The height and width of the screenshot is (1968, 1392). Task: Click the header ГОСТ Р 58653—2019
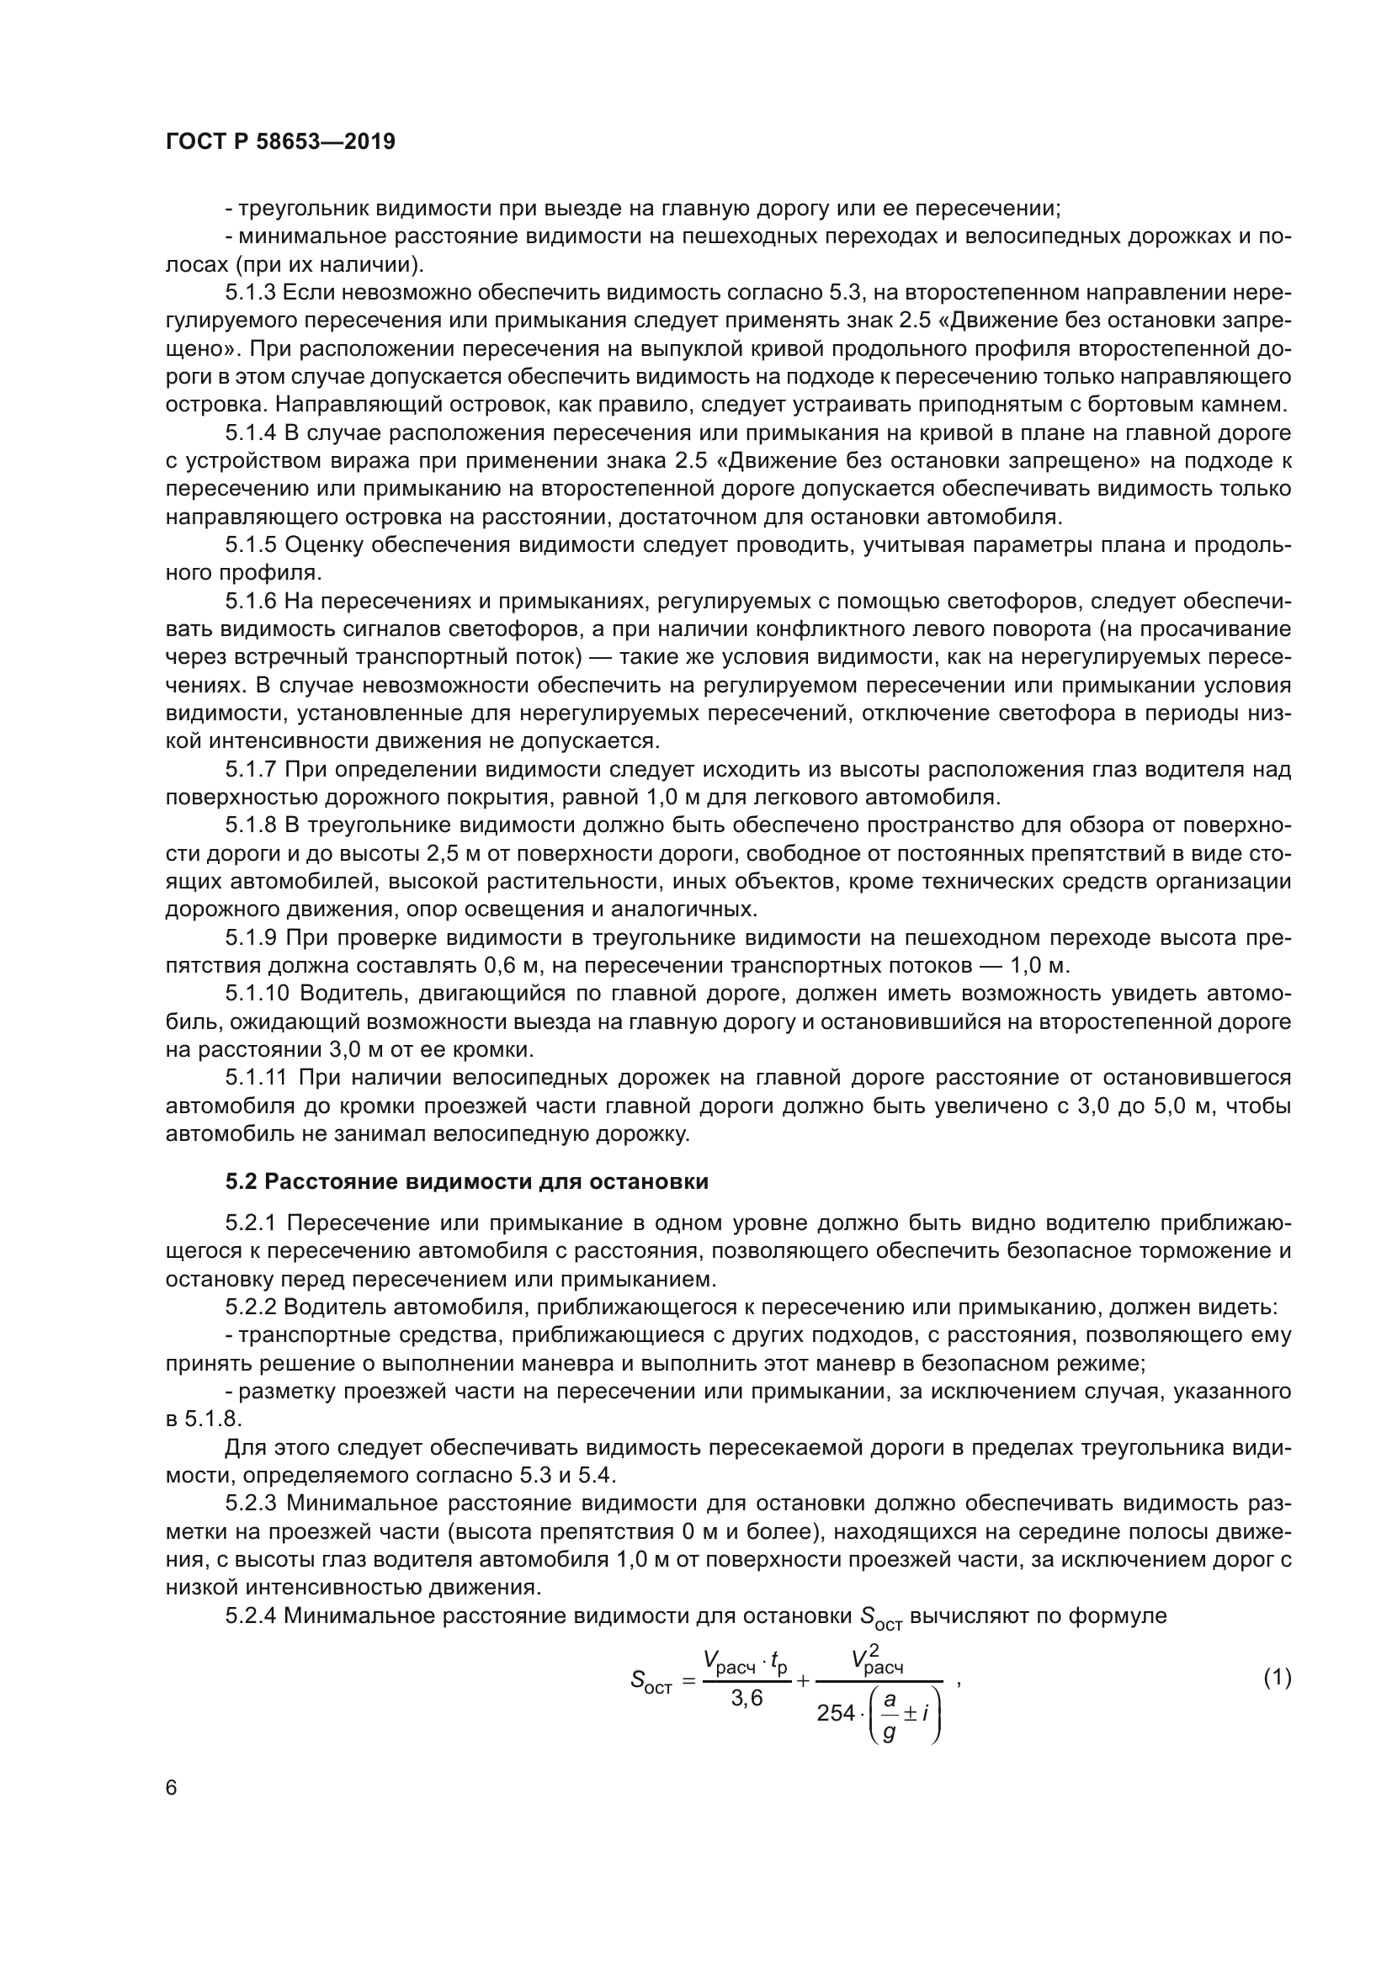[280, 142]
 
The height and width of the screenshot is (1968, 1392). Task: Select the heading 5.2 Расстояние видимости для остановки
[466, 1182]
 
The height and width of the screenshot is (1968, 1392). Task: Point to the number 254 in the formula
[836, 1713]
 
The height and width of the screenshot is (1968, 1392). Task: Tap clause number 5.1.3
[250, 293]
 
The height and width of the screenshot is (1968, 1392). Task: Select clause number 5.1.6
[250, 602]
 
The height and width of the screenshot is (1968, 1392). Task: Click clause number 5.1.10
[257, 994]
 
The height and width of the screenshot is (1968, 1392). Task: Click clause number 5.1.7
[250, 770]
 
